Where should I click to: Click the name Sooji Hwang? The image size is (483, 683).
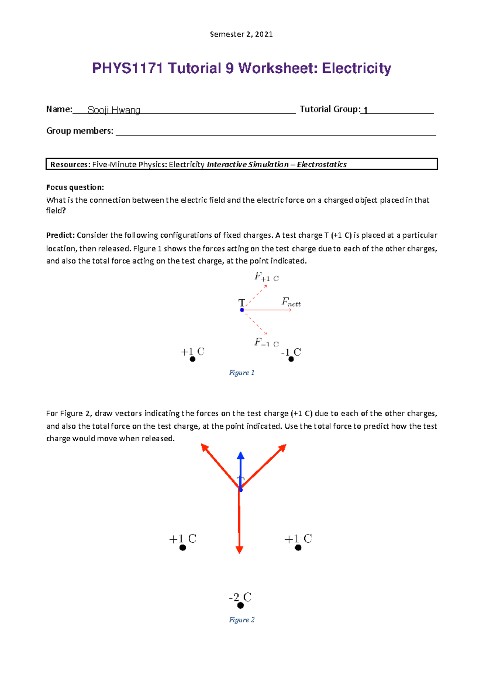pyautogui.click(x=114, y=110)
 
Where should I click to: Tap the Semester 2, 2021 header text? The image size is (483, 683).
pyautogui.click(x=241, y=35)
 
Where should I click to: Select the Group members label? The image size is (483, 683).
pyautogui.click(x=80, y=131)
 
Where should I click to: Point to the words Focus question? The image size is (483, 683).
pyautogui.click(x=75, y=187)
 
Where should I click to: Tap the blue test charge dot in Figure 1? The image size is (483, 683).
pyautogui.click(x=242, y=310)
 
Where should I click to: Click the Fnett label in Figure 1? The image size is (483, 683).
pyautogui.click(x=291, y=302)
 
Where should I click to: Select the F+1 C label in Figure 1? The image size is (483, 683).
pyautogui.click(x=266, y=277)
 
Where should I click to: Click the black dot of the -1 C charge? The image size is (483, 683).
pyautogui.click(x=291, y=359)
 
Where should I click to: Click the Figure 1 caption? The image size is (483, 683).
pyautogui.click(x=242, y=373)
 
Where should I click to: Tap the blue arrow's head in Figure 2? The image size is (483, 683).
pyautogui.click(x=241, y=456)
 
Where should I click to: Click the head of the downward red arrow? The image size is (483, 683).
pyautogui.click(x=239, y=549)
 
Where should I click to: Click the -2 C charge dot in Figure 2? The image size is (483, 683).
pyautogui.click(x=240, y=605)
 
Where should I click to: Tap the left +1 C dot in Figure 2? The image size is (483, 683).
pyautogui.click(x=182, y=547)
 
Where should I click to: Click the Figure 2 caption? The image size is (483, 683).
pyautogui.click(x=242, y=620)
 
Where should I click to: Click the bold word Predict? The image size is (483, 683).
pyautogui.click(x=60, y=235)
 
